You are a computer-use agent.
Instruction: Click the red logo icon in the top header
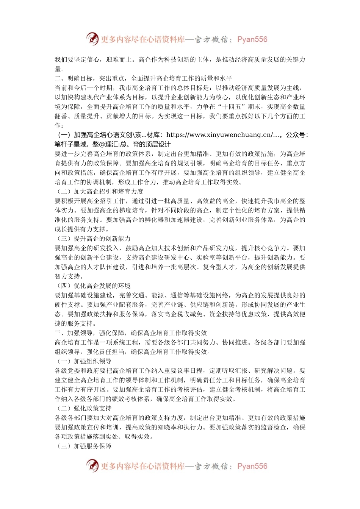pyautogui.click(x=92, y=39)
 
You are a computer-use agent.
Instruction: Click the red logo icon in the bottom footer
pyautogui.click(x=92, y=465)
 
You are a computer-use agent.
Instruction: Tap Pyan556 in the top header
pyautogui.click(x=252, y=39)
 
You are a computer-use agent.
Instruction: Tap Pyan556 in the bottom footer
pyautogui.click(x=252, y=466)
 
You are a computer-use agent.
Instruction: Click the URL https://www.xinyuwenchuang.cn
pyautogui.click(x=219, y=135)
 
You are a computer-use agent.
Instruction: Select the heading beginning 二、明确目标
pyautogui.click(x=143, y=78)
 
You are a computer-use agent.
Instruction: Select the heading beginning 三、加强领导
pyautogui.click(x=131, y=333)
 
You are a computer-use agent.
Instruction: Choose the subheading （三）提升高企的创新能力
pyautogui.click(x=93, y=239)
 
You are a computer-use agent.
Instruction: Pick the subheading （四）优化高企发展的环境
pyautogui.click(x=93, y=286)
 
